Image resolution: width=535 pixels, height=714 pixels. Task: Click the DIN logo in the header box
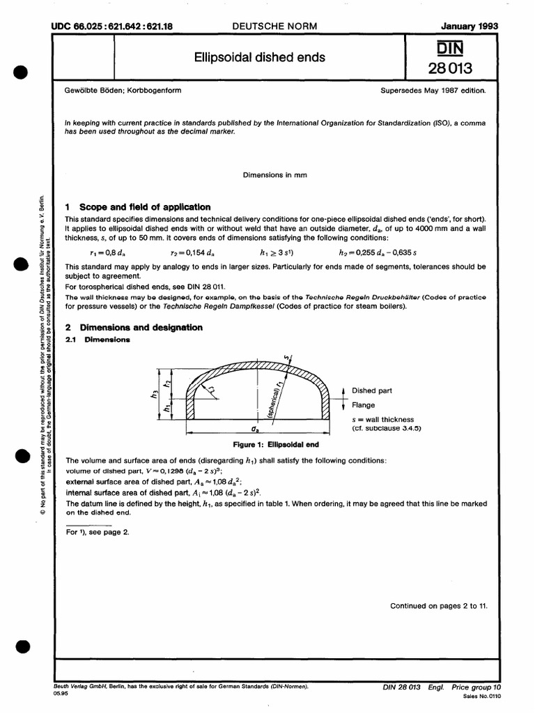click(x=452, y=47)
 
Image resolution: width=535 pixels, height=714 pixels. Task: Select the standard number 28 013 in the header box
click(x=452, y=68)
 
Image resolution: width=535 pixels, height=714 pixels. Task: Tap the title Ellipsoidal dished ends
click(x=260, y=57)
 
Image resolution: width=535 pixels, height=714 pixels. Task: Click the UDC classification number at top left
click(x=112, y=26)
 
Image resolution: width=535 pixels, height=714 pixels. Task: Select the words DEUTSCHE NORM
click(x=274, y=26)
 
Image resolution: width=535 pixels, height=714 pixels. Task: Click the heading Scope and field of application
click(x=144, y=207)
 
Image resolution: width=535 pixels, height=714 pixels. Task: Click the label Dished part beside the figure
click(x=373, y=391)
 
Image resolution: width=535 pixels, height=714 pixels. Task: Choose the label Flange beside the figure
click(x=363, y=404)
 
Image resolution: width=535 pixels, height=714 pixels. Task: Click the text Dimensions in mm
click(x=275, y=174)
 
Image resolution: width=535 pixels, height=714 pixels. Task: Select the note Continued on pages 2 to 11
click(x=439, y=606)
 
